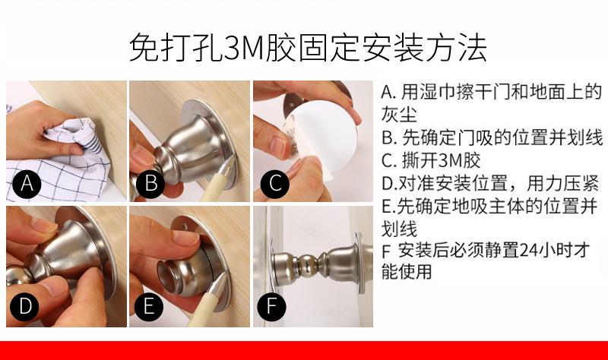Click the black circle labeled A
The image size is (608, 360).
(x=27, y=183)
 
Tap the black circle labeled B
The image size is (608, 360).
(x=150, y=183)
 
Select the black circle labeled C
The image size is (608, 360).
(x=275, y=183)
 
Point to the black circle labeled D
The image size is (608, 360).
(x=25, y=306)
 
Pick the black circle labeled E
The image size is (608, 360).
(x=149, y=306)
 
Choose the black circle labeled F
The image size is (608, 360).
(x=271, y=306)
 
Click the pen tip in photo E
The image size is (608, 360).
(x=224, y=274)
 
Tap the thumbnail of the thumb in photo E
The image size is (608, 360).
(x=185, y=237)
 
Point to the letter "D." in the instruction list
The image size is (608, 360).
(x=388, y=184)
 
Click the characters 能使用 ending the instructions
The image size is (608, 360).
(x=407, y=271)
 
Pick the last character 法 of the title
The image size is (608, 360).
(x=472, y=48)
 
